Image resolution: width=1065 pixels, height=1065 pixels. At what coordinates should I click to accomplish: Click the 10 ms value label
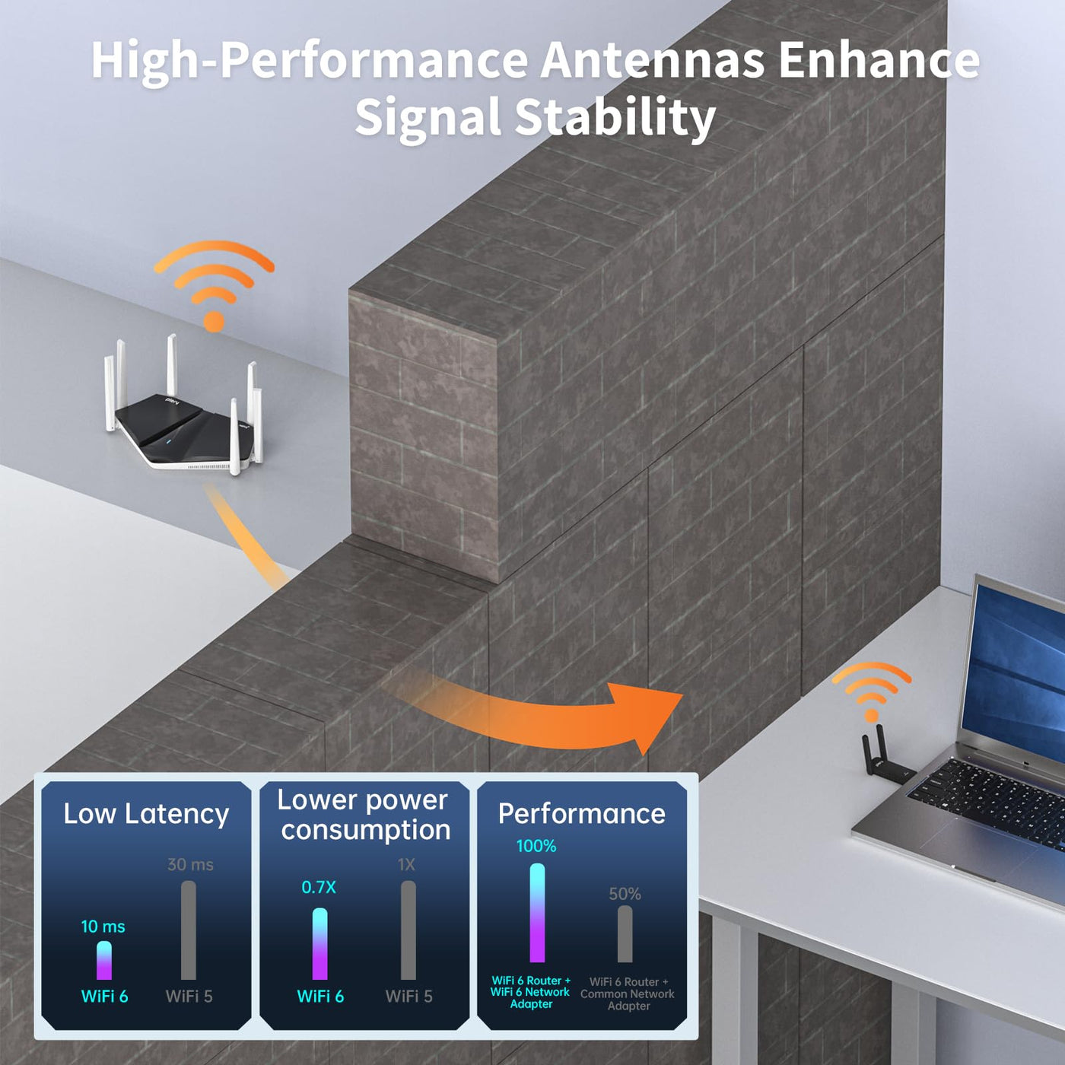coord(103,927)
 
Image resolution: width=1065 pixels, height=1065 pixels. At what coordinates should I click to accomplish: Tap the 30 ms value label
coord(190,864)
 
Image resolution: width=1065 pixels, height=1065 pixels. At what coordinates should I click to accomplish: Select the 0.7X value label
coord(319,887)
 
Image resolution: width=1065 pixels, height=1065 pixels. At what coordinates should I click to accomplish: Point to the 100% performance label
coord(536,846)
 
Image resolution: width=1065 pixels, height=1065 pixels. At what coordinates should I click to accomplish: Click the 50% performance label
coord(625,894)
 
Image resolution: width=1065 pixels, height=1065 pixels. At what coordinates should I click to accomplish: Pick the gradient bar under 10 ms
coord(104,961)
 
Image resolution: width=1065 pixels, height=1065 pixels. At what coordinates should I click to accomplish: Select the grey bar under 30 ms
coord(189,930)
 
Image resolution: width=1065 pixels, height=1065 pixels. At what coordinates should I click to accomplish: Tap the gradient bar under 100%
coord(537,912)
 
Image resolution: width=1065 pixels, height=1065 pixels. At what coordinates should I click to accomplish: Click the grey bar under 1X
coord(409,930)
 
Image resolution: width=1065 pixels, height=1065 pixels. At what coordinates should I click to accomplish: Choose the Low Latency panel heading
coord(146,815)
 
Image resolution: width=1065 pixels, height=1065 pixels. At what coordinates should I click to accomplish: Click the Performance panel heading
coord(581,813)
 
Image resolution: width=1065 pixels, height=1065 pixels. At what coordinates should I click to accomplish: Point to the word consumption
coord(366,830)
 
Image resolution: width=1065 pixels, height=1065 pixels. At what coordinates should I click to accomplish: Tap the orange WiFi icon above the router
coord(214,285)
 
